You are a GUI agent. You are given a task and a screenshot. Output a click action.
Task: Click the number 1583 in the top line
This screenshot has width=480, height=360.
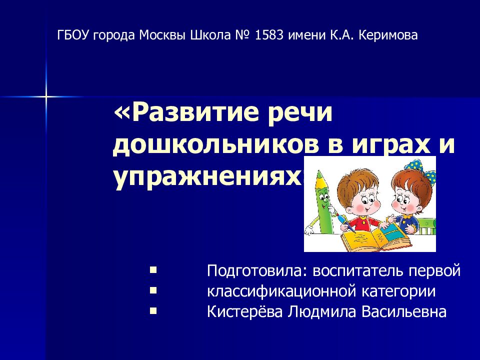[x=270, y=35]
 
